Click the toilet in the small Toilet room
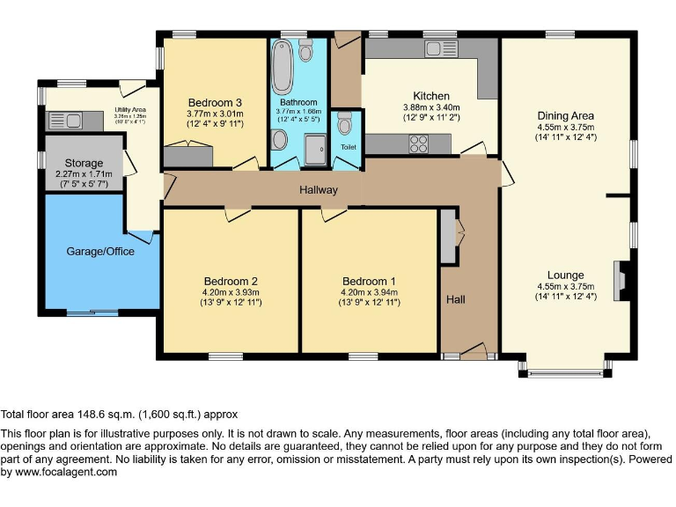tap(344, 126)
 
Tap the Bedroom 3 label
tap(214, 103)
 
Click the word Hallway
tap(318, 189)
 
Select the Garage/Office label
tap(100, 251)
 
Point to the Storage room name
tap(84, 163)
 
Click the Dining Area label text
tap(565, 115)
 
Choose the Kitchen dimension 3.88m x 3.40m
tap(431, 107)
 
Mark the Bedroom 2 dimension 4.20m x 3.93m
tap(226, 293)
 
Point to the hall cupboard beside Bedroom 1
tap(448, 235)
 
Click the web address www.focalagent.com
tap(66, 472)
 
